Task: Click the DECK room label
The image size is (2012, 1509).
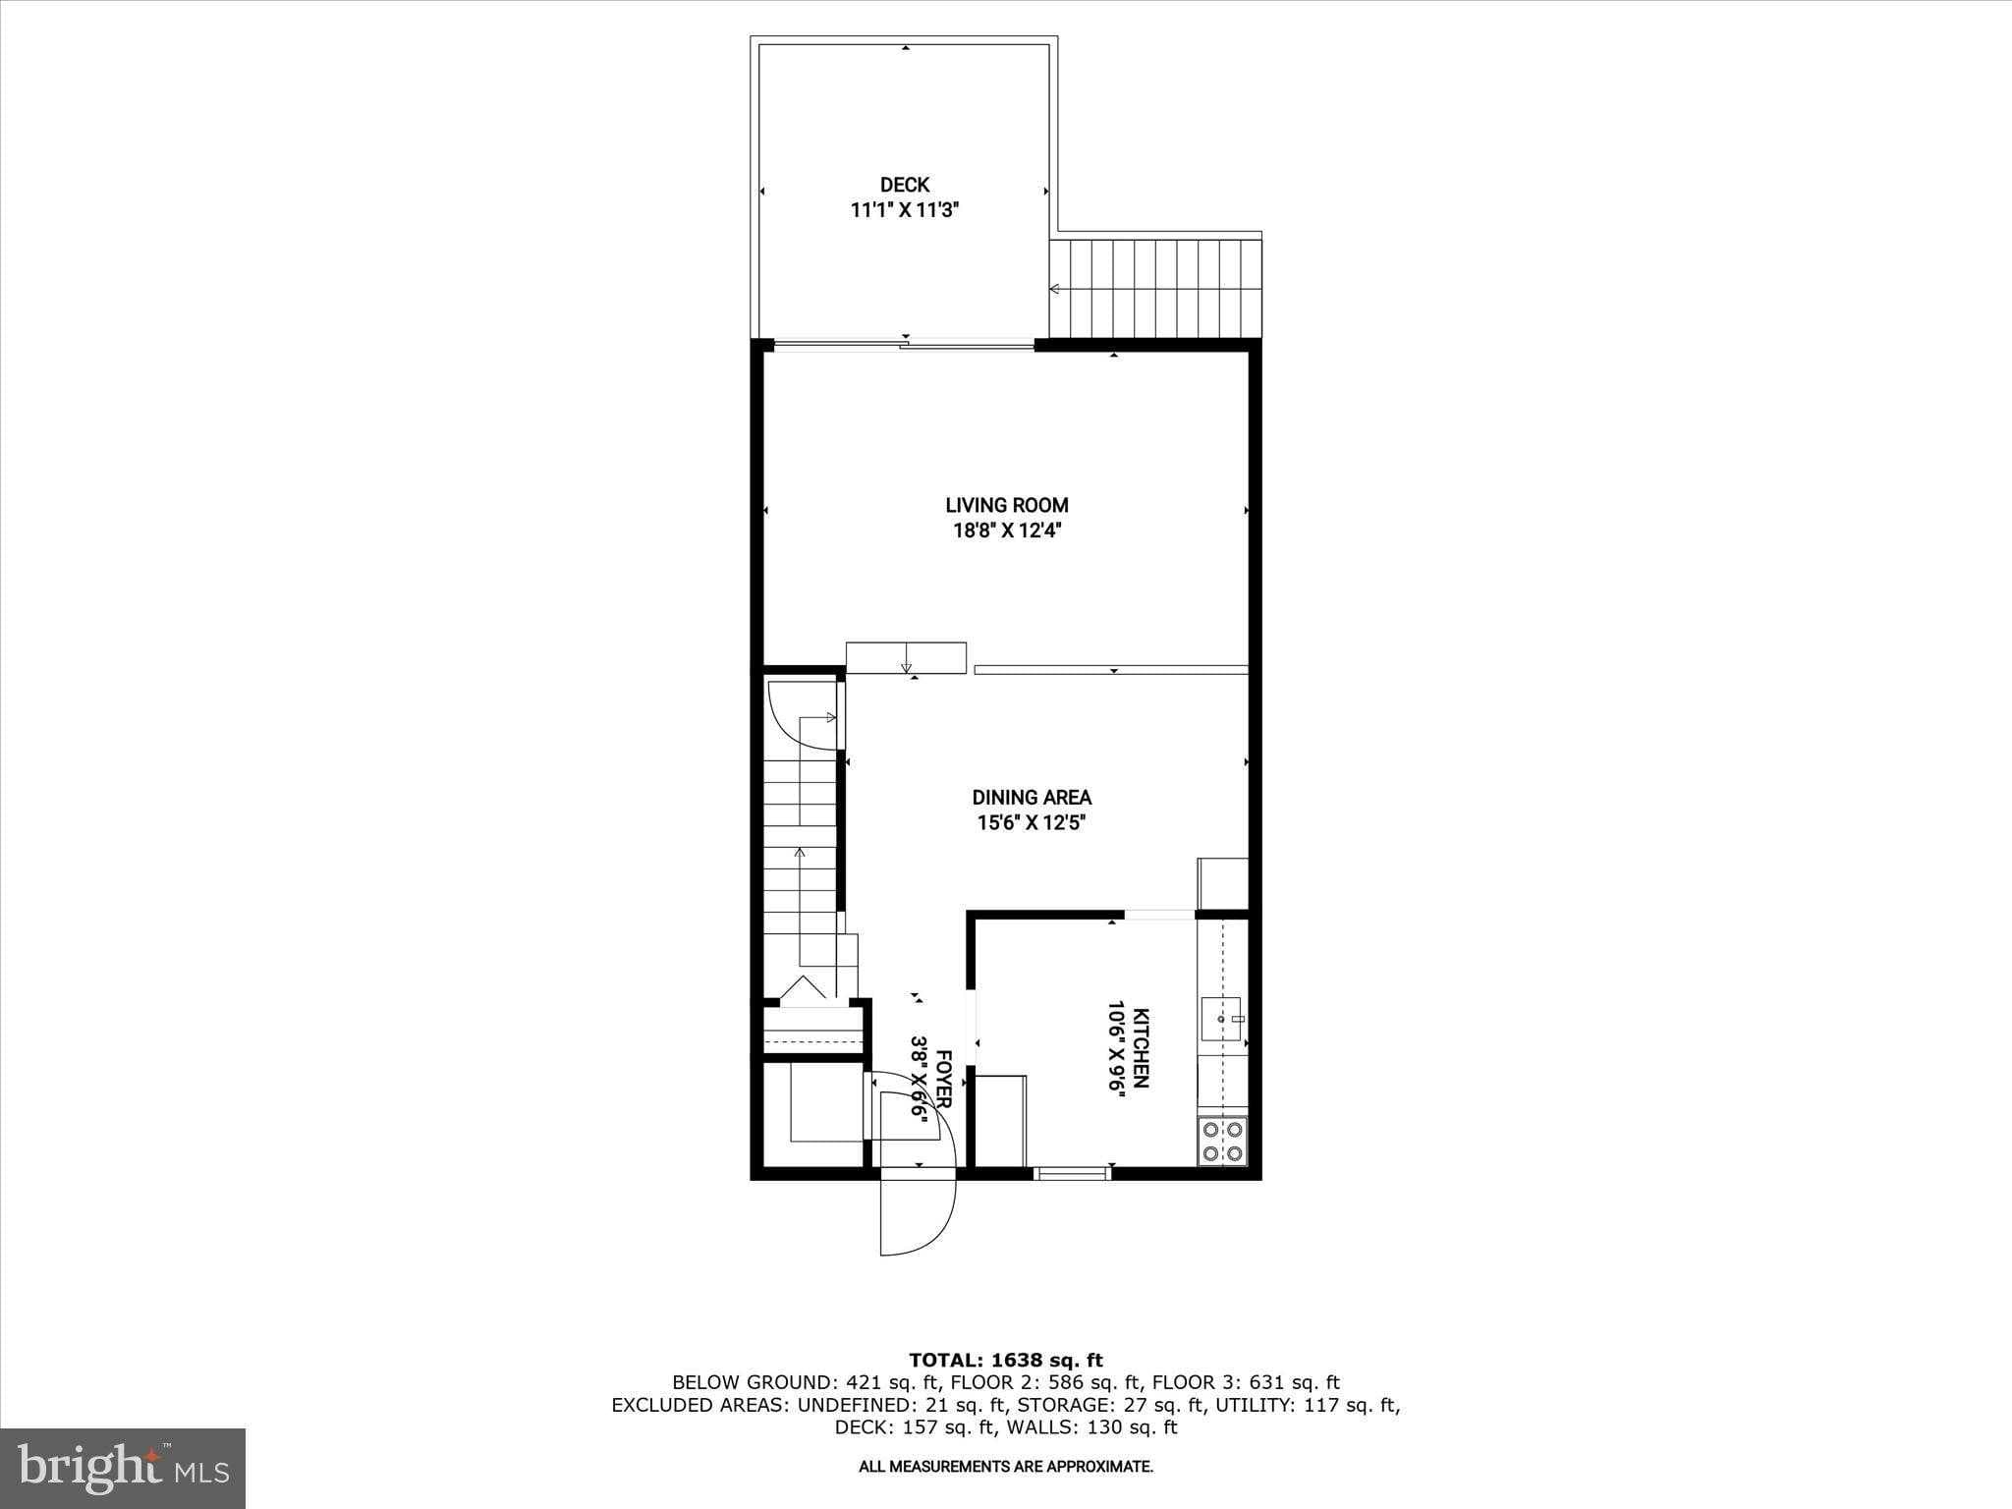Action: click(x=904, y=185)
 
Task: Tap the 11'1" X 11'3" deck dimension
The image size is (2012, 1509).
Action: click(x=904, y=209)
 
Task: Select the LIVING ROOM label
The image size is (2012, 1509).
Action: click(x=1007, y=505)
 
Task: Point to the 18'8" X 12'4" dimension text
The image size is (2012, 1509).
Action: click(x=1007, y=531)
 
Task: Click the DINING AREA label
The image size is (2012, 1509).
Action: click(x=1032, y=798)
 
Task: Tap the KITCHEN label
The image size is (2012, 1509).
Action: click(x=1141, y=1047)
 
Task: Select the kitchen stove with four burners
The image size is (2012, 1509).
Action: click(x=1222, y=1142)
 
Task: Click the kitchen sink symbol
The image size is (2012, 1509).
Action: click(x=1221, y=1020)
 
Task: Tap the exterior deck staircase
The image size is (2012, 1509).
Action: click(x=1155, y=289)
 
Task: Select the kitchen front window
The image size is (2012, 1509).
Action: click(x=1073, y=1172)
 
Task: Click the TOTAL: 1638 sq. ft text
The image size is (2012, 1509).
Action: click(x=1006, y=1361)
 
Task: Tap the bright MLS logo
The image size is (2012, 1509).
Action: click(x=123, y=1468)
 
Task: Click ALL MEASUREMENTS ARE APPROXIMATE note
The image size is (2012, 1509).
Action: click(x=1006, y=1467)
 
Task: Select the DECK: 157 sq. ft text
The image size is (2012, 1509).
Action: click(x=908, y=1427)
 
